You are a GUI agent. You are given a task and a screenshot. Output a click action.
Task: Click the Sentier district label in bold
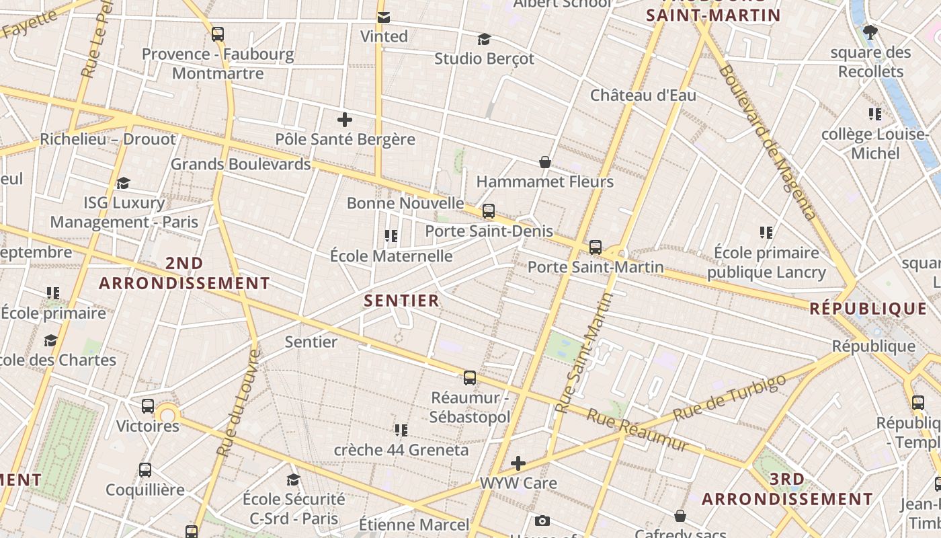point(402,301)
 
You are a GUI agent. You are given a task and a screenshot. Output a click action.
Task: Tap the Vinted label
point(384,36)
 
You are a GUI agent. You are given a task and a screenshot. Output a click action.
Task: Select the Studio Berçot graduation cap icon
point(484,39)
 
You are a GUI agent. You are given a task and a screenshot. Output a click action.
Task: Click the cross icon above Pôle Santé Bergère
point(345,120)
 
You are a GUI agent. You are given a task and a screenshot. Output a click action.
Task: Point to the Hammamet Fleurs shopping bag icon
point(545,162)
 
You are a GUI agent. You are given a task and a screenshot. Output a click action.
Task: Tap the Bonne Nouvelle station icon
point(489,211)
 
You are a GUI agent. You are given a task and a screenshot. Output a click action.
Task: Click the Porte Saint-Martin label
point(596,267)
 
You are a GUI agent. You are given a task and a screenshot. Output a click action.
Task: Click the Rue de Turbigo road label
point(729,397)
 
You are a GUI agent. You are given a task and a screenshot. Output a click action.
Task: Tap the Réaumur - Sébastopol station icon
point(470,378)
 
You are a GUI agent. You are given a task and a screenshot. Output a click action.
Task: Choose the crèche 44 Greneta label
point(401,450)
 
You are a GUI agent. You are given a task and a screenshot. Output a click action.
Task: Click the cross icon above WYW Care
point(518,463)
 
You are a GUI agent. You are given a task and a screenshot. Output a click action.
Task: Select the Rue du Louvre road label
point(239,403)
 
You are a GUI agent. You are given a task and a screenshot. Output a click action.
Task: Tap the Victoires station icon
point(148,406)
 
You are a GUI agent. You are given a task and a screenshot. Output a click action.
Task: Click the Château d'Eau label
point(643,95)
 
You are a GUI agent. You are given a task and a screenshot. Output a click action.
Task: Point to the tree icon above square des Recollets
point(870,32)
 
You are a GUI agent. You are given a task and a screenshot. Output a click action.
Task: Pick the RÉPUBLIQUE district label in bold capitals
point(868,309)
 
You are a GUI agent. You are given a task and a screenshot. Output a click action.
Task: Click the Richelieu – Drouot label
point(108,139)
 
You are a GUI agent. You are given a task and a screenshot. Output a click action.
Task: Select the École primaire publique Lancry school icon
point(766,233)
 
